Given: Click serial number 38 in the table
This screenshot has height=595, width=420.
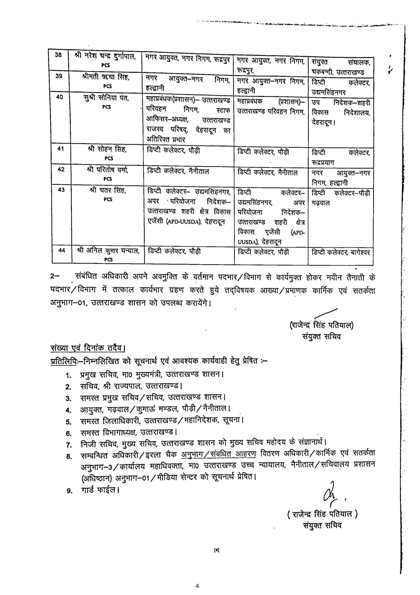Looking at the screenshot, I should pos(58,55).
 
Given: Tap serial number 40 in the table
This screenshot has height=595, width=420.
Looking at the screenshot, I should pos(59,97).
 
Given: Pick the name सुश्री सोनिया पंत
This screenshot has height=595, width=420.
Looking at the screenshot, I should pos(106,98).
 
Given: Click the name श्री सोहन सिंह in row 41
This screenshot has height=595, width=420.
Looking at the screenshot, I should pos(107,149).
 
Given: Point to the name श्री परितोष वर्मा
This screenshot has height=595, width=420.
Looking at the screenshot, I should pos(107,170).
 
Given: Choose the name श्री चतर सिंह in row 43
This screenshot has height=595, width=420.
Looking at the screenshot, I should pos(108,191).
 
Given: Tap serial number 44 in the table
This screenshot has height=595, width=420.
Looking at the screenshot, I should pos(62,250).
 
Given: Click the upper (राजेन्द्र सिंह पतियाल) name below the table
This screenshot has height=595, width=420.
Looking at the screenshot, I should pos(322,325).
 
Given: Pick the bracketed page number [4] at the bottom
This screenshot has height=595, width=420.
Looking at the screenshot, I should pos(217,556).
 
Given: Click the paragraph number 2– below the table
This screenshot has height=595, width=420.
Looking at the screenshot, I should pos(55,277).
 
